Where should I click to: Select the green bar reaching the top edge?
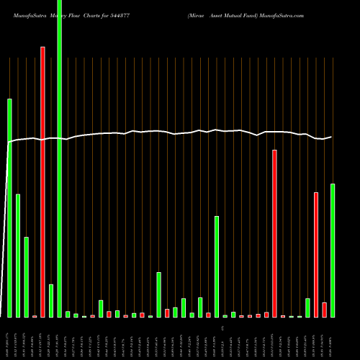point(59,158)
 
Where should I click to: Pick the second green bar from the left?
point(18,256)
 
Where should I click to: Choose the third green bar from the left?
point(26,277)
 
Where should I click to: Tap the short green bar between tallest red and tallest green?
point(51,301)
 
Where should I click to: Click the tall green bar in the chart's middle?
point(217,266)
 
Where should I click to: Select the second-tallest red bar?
point(274,233)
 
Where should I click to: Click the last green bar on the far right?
point(333,250)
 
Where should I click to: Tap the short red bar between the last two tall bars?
point(324,310)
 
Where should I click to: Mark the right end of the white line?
point(331,137)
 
